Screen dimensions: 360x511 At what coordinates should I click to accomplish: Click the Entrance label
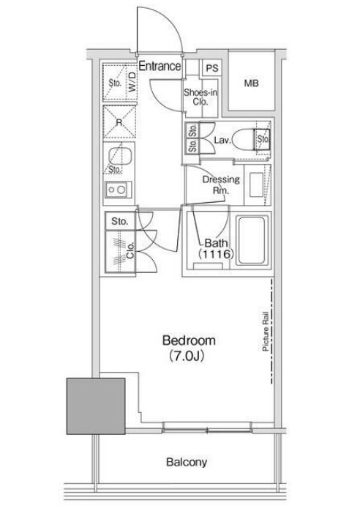160,66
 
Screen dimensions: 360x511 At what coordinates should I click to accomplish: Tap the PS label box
212,68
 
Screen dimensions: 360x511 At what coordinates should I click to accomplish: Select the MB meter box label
251,83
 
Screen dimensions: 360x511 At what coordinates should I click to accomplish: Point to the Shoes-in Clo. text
200,97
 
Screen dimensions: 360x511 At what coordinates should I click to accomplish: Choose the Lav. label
223,141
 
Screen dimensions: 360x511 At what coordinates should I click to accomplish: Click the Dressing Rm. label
221,184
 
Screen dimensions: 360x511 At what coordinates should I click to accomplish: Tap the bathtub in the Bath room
251,239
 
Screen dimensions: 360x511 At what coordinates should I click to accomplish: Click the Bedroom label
189,340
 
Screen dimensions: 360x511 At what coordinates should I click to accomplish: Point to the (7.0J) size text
187,357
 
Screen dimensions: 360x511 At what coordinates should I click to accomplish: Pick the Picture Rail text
266,331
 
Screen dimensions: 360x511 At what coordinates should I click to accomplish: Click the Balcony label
187,462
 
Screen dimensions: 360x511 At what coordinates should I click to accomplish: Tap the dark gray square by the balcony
96,406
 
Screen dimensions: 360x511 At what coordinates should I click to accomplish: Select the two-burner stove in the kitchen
117,190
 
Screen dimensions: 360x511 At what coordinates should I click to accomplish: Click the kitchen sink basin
119,156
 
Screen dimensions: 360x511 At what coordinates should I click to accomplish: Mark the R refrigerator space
119,122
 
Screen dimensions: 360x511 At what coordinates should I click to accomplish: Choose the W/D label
132,82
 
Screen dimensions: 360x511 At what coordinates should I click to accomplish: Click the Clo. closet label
131,251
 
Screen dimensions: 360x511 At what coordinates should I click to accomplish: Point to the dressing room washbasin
256,184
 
